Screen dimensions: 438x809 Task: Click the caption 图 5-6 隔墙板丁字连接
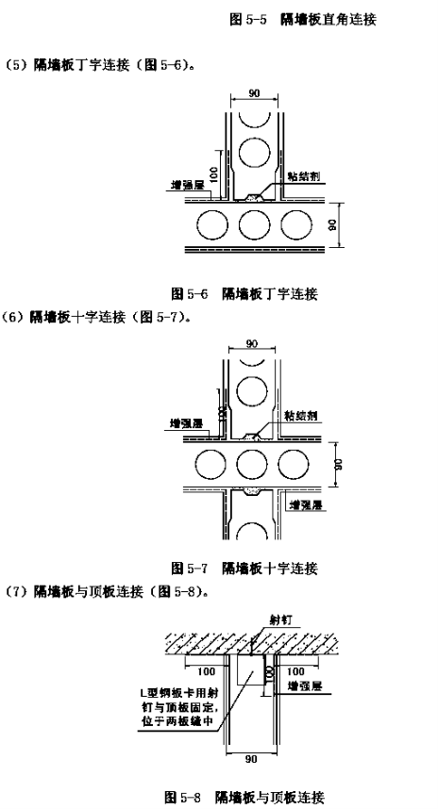[x=244, y=294]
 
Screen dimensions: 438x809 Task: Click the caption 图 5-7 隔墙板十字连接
[x=244, y=569]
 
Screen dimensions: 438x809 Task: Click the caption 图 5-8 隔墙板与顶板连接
[x=244, y=797]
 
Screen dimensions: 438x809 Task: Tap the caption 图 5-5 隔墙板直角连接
[x=303, y=20]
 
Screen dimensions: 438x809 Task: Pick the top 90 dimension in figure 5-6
[x=254, y=93]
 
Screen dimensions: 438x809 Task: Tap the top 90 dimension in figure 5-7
[x=252, y=344]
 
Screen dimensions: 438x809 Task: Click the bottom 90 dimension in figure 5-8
[x=251, y=759]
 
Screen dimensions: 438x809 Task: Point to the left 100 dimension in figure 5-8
[x=207, y=671]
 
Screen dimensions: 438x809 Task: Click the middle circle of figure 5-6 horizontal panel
[x=254, y=225]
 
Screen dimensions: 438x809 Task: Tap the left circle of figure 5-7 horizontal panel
[x=211, y=463]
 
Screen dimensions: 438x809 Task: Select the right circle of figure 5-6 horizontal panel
[x=296, y=225]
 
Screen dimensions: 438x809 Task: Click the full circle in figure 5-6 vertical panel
[x=254, y=154]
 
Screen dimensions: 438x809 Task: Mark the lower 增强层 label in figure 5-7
[x=306, y=505]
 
